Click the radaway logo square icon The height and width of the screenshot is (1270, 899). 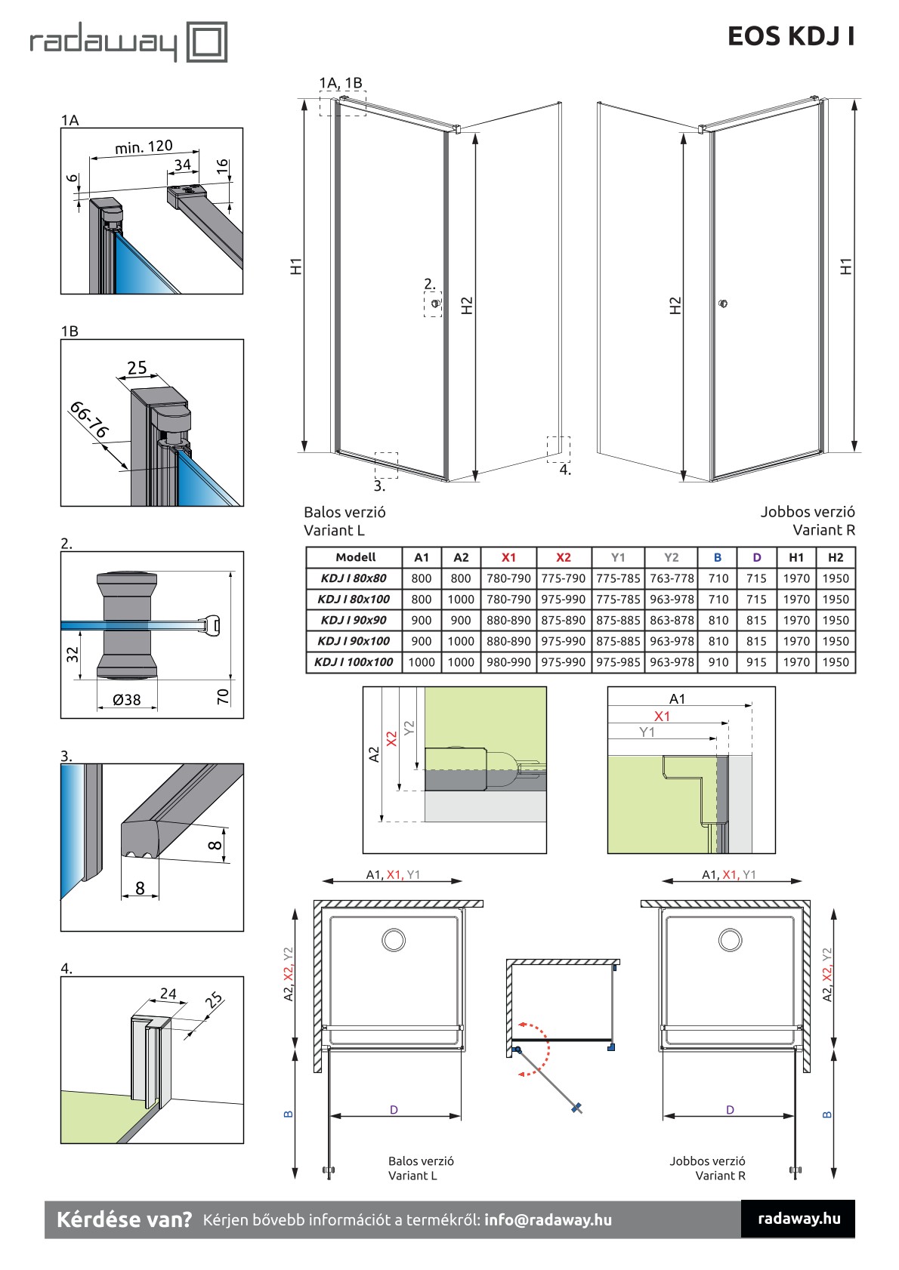[x=206, y=42]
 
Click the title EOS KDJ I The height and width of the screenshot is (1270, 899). [x=790, y=36]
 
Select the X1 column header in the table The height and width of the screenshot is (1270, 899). [x=508, y=557]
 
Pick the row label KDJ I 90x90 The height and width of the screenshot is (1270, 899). [x=354, y=620]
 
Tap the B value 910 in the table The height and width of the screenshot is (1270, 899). [x=718, y=662]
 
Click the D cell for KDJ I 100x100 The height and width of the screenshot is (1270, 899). [x=756, y=662]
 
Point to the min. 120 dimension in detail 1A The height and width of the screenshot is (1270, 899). [x=144, y=146]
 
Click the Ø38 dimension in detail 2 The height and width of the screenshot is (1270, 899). [x=126, y=700]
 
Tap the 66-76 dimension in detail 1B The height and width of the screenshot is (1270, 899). [x=89, y=420]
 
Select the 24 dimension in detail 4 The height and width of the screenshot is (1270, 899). [x=168, y=994]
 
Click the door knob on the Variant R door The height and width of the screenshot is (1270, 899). [x=723, y=304]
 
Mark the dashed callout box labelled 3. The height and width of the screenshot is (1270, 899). [x=385, y=464]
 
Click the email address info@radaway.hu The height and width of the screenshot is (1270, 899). [x=548, y=1219]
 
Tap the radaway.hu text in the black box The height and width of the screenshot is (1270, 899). [x=799, y=1218]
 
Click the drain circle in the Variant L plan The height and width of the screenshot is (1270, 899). [x=394, y=940]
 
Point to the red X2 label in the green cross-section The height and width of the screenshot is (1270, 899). [x=391, y=739]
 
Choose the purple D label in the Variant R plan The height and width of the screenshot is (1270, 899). [x=730, y=1110]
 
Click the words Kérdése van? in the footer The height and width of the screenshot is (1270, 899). [x=125, y=1219]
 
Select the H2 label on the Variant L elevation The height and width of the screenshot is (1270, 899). [x=467, y=305]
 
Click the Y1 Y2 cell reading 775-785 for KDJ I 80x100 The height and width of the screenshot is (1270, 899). [x=618, y=600]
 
